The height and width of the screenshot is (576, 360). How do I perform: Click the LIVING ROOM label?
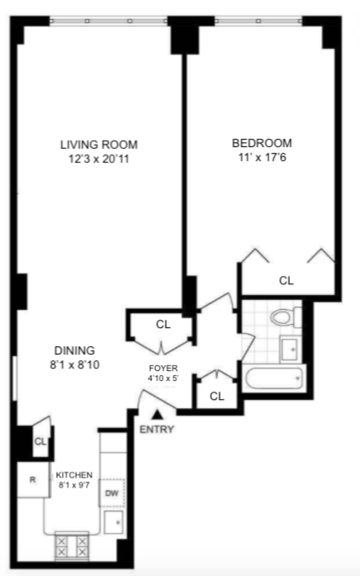coord(98,145)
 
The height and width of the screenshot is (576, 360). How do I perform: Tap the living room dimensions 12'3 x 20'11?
coord(98,159)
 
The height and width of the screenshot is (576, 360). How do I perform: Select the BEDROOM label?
coord(261,142)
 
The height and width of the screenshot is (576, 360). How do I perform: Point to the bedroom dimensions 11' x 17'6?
coord(261,156)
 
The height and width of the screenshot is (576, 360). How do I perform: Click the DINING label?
coord(74,350)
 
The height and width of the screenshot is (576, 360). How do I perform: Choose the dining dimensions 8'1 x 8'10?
coord(74,364)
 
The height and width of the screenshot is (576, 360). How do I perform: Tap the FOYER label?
coord(163,369)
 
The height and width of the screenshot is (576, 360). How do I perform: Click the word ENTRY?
coord(157,430)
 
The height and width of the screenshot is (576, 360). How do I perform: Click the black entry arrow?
coord(157,414)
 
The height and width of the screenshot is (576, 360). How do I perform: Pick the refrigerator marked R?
coord(32,480)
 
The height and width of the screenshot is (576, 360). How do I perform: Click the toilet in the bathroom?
coord(285,317)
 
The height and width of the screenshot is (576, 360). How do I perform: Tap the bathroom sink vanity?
coord(290,350)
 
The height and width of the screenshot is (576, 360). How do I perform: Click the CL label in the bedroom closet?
coord(286,280)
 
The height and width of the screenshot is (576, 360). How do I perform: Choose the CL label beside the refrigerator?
coord(39,441)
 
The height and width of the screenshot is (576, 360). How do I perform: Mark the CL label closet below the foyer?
coord(216,396)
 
